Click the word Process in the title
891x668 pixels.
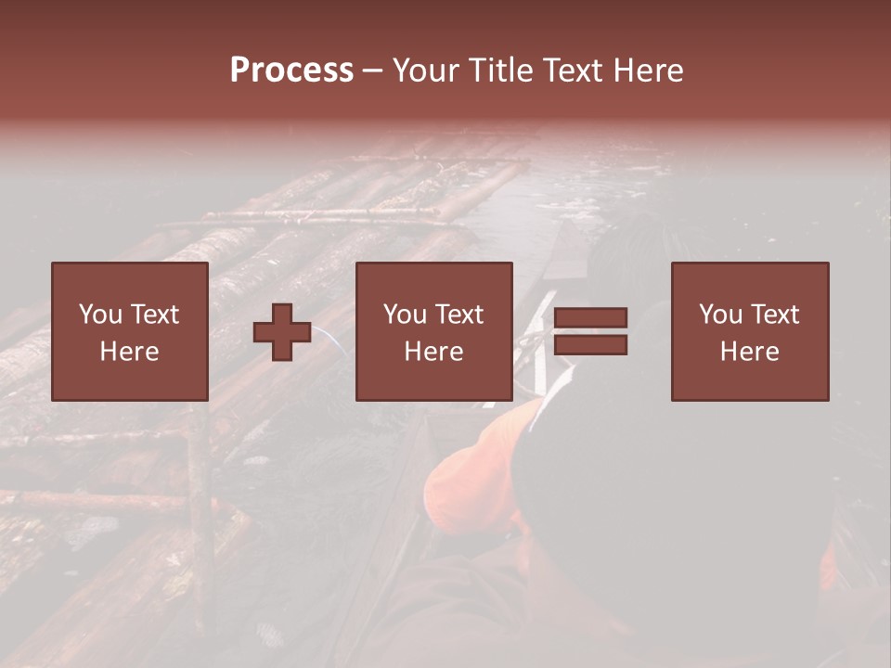291,71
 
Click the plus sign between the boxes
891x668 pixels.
282,331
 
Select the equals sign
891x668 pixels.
590,331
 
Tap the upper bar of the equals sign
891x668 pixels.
590,318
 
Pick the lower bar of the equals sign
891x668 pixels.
590,344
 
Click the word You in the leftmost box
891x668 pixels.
99,315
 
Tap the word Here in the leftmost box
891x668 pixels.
129,352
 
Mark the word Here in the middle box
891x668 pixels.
433,352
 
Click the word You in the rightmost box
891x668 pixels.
719,315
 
